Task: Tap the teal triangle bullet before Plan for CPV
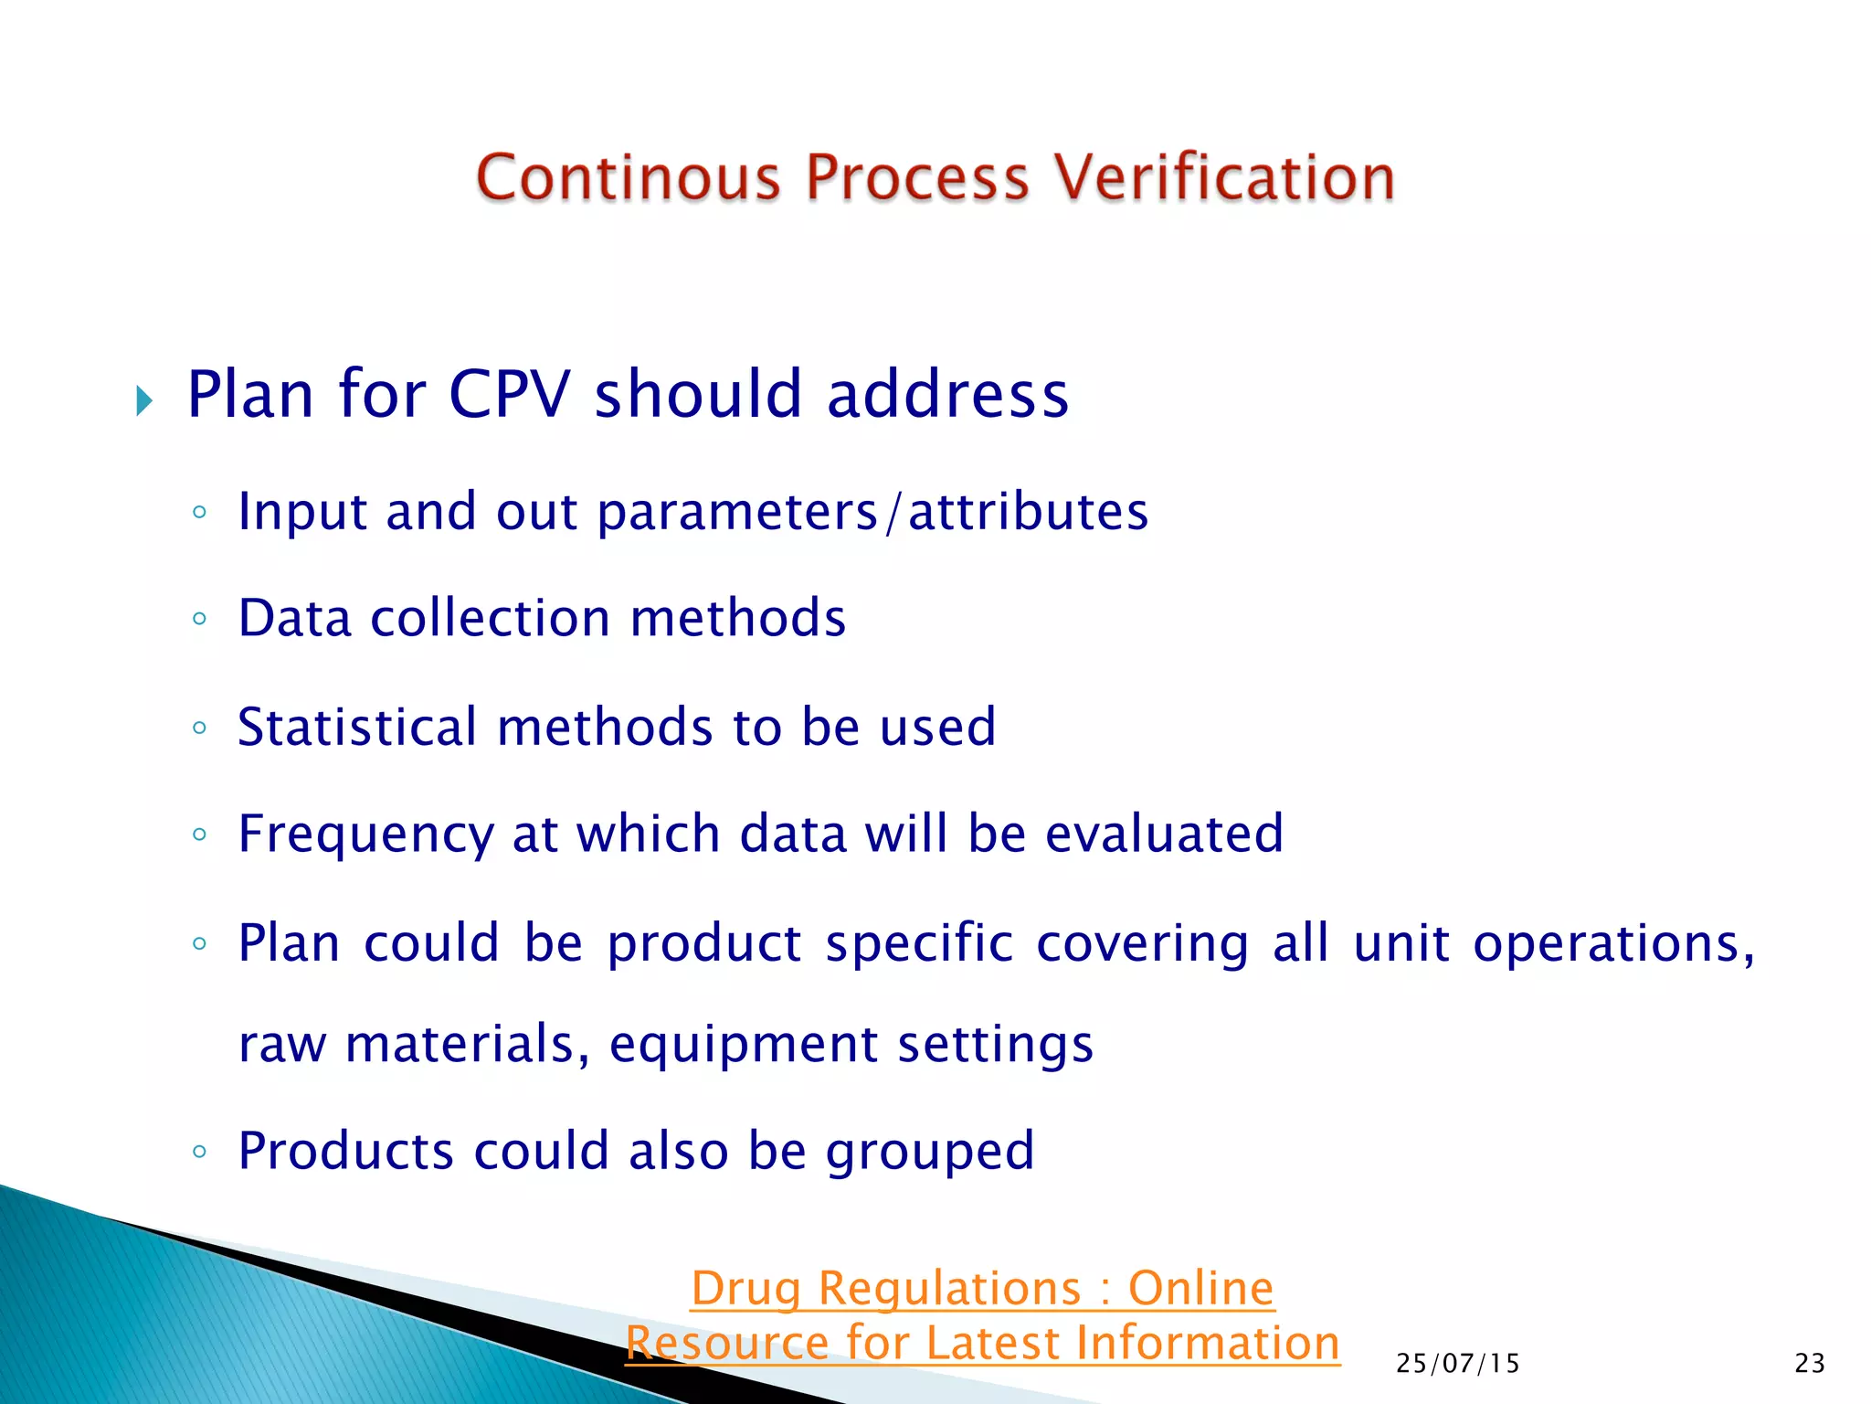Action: (144, 400)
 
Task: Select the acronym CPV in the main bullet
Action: (509, 395)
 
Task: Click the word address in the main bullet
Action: (947, 395)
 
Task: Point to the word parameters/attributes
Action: (872, 512)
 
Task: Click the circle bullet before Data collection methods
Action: (199, 620)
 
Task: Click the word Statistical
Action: (357, 727)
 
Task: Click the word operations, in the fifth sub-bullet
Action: (1613, 943)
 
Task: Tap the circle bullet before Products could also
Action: (199, 1152)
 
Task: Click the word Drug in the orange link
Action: (745, 1290)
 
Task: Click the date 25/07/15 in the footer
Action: (1457, 1364)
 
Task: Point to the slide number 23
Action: (1809, 1364)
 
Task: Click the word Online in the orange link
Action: (1200, 1289)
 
